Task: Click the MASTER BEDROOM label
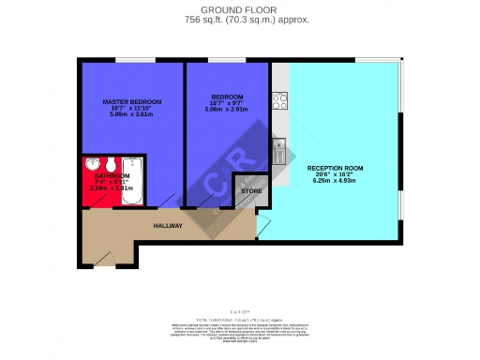point(132,100)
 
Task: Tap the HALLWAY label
point(168,226)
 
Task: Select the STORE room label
point(250,191)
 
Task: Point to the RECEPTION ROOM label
point(335,168)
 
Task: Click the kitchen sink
point(277,144)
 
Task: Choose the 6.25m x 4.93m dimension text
point(335,184)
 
